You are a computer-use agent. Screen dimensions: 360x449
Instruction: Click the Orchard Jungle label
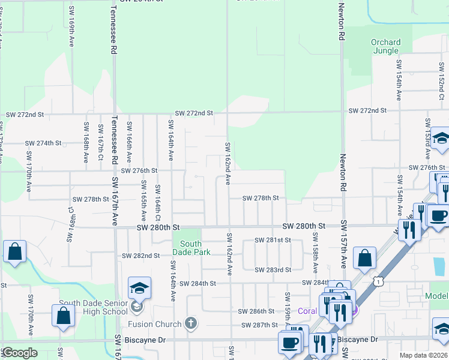(x=385, y=46)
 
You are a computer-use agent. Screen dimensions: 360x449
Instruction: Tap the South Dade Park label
(x=191, y=248)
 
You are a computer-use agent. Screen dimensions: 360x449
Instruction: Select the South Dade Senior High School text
(x=93, y=307)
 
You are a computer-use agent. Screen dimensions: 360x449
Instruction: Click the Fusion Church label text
(x=155, y=325)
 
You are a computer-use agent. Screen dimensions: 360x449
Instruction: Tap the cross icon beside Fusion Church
(x=191, y=324)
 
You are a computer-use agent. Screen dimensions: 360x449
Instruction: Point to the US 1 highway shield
(x=378, y=280)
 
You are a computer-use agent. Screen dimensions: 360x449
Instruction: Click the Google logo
(x=19, y=353)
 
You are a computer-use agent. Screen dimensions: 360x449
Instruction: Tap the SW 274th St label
(x=43, y=143)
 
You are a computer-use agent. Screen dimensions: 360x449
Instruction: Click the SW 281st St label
(x=273, y=240)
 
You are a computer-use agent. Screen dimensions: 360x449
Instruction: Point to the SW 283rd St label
(x=273, y=269)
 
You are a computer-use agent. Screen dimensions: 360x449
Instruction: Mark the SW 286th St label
(x=256, y=311)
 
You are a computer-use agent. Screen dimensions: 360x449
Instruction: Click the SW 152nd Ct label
(x=441, y=85)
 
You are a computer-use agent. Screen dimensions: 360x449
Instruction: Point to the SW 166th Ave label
(x=129, y=142)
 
